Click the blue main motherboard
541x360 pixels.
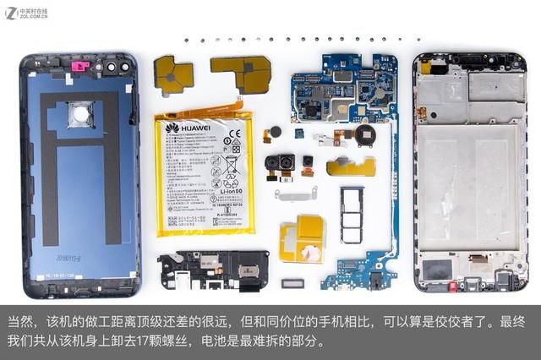342,89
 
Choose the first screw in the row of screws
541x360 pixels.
188,39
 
